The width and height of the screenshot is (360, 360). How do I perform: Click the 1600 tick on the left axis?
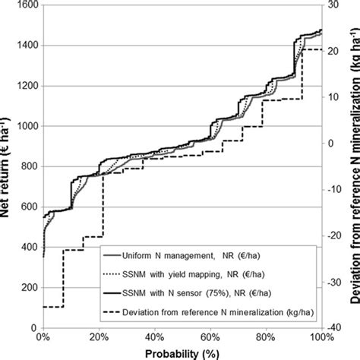(27, 6)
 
